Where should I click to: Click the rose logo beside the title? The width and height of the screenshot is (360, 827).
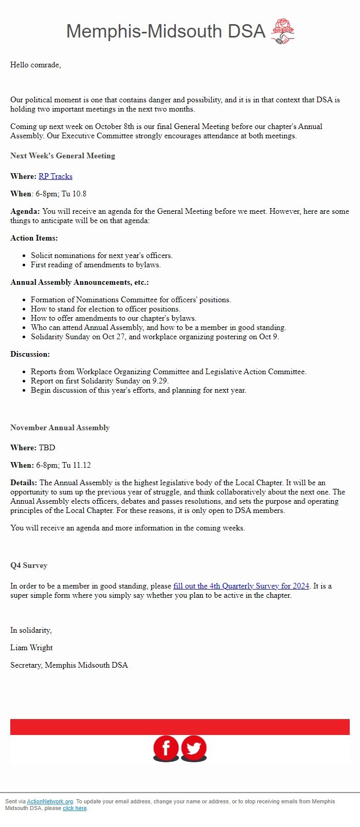coord(282,31)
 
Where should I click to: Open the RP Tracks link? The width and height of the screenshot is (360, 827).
coord(56,176)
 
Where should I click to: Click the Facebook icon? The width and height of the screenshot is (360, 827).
coord(166,748)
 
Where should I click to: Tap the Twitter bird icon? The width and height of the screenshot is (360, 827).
coord(194,748)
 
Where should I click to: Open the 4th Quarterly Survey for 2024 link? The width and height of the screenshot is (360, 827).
coord(241,586)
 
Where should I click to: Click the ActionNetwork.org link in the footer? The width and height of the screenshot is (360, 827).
coord(50,801)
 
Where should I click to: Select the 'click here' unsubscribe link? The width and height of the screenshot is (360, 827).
coord(75,808)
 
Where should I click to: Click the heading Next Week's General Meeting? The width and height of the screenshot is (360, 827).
coord(63,156)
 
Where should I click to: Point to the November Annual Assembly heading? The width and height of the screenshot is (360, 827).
coord(60,428)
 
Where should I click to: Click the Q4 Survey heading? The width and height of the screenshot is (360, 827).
coord(29,565)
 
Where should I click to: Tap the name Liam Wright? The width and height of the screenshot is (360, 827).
coord(31,648)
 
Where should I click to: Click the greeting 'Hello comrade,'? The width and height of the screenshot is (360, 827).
coord(35,65)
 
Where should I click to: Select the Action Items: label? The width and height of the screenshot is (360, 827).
coord(34,238)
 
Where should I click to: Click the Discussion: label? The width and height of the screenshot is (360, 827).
coord(30,354)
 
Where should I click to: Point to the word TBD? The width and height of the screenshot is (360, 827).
coord(47,448)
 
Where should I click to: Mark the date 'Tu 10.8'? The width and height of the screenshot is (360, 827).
coord(74,194)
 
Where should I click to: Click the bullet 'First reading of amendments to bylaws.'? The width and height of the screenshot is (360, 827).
coord(96,265)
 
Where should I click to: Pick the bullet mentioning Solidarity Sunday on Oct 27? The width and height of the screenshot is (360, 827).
coord(154,337)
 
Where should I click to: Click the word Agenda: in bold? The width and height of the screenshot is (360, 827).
coord(25,211)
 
